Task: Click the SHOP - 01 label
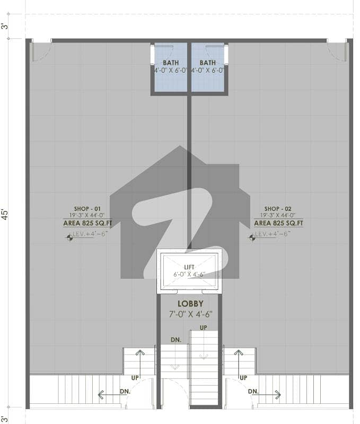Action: pos(87,209)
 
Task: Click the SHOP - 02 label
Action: pos(278,209)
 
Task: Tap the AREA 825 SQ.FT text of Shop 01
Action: pos(87,223)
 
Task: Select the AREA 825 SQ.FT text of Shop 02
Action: pos(278,223)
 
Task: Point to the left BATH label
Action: pos(171,63)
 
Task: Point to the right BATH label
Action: pos(208,63)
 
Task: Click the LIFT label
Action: pos(189,267)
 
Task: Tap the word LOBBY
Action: pos(190,304)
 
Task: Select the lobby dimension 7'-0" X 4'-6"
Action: pos(191,314)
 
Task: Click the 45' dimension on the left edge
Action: pos(5,214)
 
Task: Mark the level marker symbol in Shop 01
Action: pos(69,237)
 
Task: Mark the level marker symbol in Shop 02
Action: pos(252,237)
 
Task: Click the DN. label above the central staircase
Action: pos(176,340)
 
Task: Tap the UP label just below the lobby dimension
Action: pos(204,328)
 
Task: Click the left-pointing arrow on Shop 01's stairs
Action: pos(111,395)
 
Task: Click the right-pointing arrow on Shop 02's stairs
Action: pos(268,395)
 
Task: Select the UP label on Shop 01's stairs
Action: pos(135,378)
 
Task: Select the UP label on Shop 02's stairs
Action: pos(243,378)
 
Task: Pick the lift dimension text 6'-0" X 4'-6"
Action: pos(189,275)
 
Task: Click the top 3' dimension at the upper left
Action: pos(5,26)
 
